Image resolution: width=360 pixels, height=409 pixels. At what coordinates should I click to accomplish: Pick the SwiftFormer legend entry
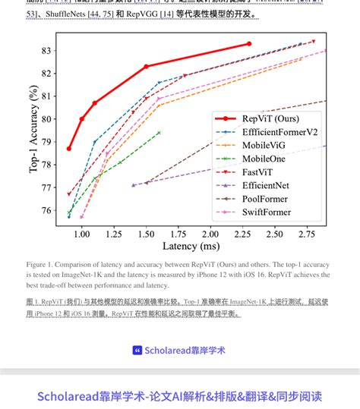pyautogui.click(x=266, y=212)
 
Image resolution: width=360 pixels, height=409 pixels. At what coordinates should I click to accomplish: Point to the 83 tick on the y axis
pyautogui.click(x=46, y=51)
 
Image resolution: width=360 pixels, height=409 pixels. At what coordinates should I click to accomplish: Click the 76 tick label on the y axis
pyautogui.click(x=46, y=210)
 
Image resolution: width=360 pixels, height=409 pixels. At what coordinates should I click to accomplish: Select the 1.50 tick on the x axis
pyautogui.click(x=145, y=234)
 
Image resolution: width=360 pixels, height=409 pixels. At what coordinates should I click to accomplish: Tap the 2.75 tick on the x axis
pyautogui.click(x=307, y=234)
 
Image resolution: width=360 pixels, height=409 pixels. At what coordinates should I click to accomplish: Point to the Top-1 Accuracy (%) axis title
pyautogui.click(x=33, y=130)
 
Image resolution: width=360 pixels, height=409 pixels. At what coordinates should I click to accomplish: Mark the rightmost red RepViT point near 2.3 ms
pyautogui.click(x=249, y=44)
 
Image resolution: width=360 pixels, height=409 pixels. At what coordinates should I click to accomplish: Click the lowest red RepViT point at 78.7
pyautogui.click(x=69, y=149)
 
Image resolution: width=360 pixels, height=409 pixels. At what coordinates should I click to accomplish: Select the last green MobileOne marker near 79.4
pyautogui.click(x=159, y=133)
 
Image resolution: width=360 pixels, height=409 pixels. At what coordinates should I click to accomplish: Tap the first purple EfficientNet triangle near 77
pyautogui.click(x=133, y=185)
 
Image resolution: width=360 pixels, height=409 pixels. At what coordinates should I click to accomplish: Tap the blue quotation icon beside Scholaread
pyautogui.click(x=137, y=350)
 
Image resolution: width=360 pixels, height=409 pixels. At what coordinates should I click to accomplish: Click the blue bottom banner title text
pyautogui.click(x=180, y=395)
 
